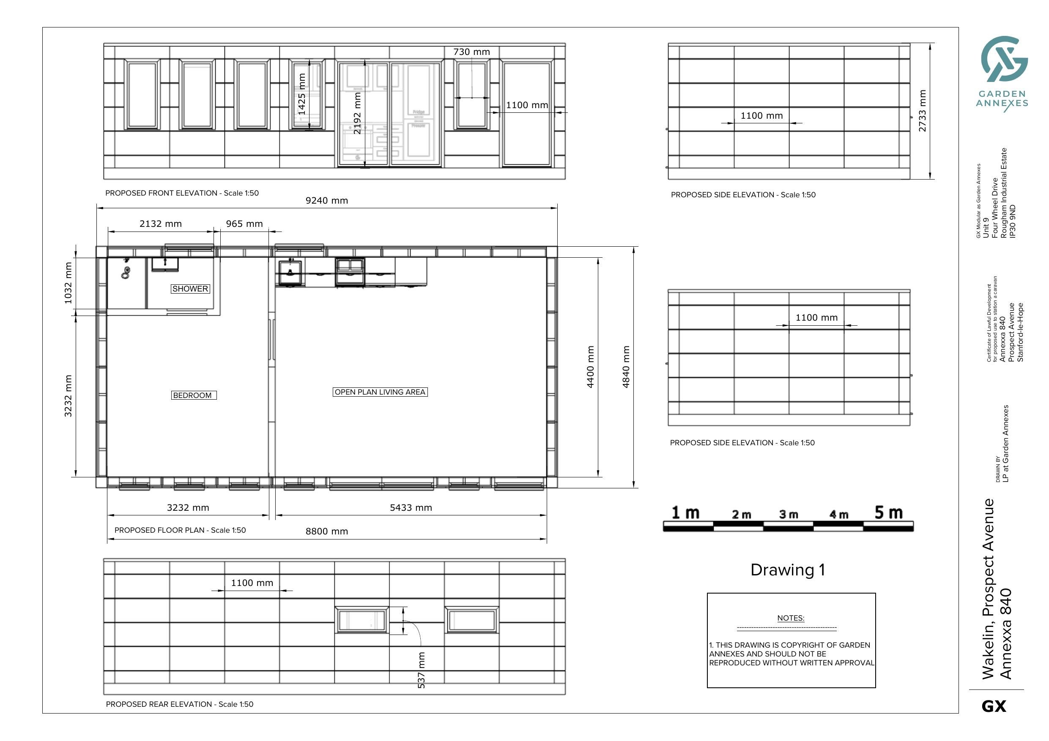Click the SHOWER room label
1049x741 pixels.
[x=190, y=289]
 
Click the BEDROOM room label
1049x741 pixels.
[x=193, y=395]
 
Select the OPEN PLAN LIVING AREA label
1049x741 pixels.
[x=380, y=392]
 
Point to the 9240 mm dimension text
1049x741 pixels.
[x=327, y=200]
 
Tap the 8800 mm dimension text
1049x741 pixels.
[x=327, y=531]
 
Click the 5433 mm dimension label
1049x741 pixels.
[x=411, y=508]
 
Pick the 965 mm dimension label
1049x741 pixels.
[x=244, y=224]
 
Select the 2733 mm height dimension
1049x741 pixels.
[x=923, y=111]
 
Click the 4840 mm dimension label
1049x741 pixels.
[x=626, y=367]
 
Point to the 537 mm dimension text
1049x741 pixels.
[x=421, y=670]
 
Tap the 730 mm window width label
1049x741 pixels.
[x=471, y=52]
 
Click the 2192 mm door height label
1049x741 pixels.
[x=357, y=113]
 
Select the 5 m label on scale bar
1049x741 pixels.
[x=889, y=513]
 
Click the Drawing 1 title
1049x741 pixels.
[x=788, y=570]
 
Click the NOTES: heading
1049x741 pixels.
[x=790, y=618]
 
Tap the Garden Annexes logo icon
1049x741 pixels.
[x=1004, y=59]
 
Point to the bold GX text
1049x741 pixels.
[x=994, y=707]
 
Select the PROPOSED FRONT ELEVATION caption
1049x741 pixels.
[x=182, y=193]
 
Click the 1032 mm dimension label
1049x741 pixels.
[x=68, y=283]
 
